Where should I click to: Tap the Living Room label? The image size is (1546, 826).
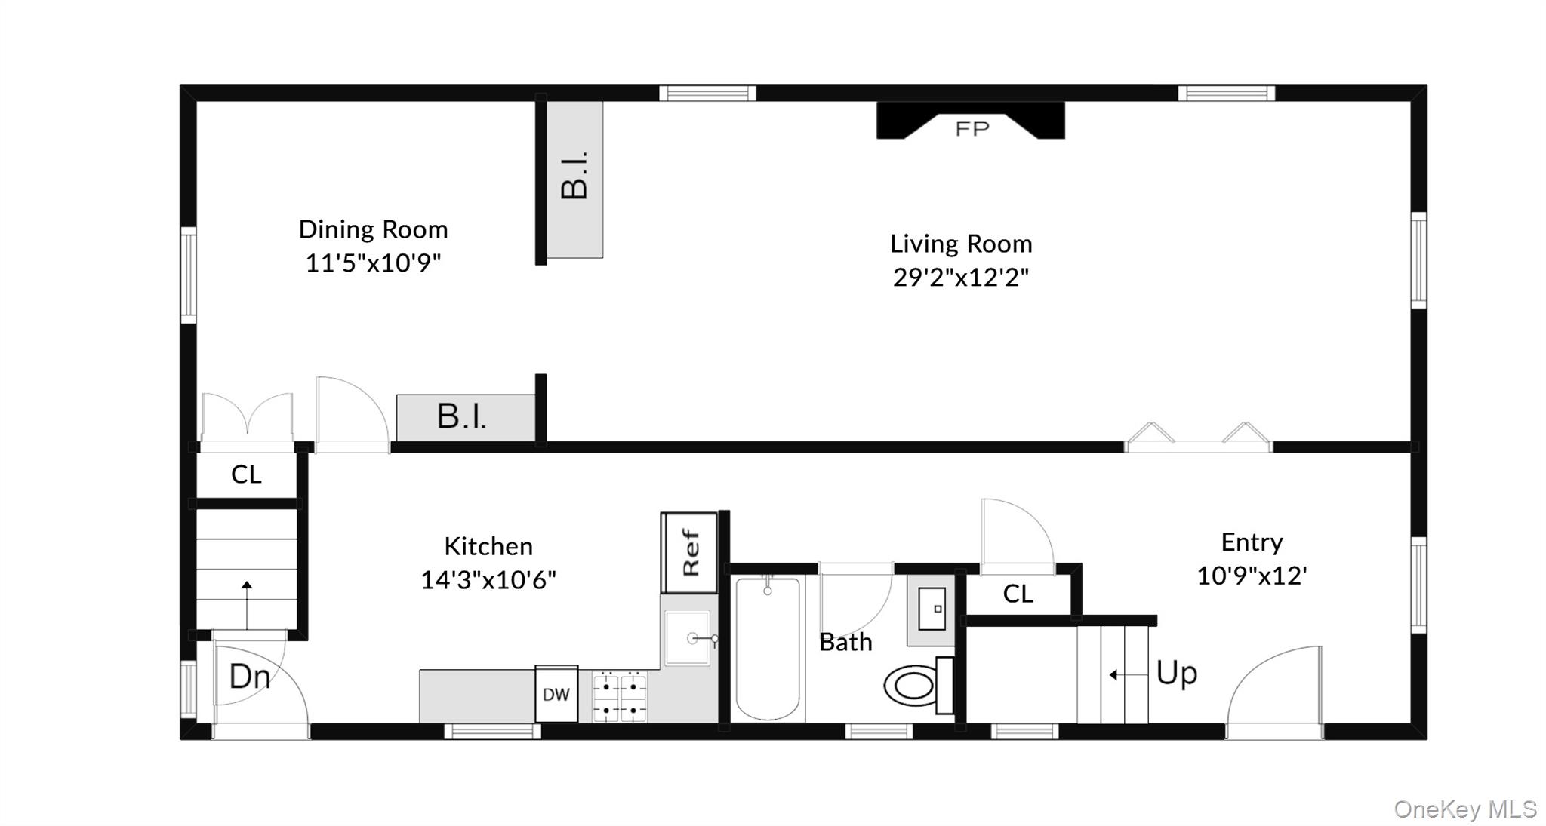pos(960,244)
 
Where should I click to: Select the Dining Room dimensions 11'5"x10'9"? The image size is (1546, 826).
pos(373,263)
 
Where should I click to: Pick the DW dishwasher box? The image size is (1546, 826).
pos(556,694)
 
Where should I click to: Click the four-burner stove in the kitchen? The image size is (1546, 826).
pos(619,697)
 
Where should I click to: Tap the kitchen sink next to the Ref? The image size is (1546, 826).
pos(688,638)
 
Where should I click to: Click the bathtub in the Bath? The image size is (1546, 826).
pos(768,649)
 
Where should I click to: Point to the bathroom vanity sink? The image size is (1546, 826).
pos(932,609)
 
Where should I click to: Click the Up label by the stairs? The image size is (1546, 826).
pos(1176,672)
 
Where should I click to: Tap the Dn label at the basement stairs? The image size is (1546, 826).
pos(249,677)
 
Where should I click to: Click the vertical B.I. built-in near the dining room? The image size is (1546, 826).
pos(574,179)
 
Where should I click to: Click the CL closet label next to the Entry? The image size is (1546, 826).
pos(1018,594)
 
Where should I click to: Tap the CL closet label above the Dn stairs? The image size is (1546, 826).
pos(246,474)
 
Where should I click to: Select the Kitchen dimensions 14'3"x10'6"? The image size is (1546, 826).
pos(488,580)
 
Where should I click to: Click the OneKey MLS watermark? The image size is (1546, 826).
pos(1464,809)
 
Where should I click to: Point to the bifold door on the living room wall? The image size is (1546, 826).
pos(1198,438)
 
